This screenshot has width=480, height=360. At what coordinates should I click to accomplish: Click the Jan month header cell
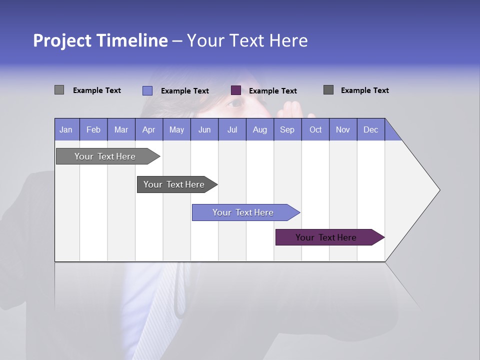(66, 129)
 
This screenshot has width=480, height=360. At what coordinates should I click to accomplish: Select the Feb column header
(93, 129)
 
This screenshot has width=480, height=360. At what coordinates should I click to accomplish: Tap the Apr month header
(148, 129)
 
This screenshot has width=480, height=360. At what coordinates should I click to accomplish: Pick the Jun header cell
(204, 129)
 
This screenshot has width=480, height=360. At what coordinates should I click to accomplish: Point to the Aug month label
(259, 129)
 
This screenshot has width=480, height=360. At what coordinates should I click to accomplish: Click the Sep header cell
(287, 129)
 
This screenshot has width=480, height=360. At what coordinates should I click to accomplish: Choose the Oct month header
(315, 129)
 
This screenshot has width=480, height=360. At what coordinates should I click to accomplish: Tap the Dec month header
(370, 129)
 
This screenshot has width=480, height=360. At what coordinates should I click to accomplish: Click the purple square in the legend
(236, 90)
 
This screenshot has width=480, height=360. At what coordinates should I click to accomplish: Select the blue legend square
(147, 90)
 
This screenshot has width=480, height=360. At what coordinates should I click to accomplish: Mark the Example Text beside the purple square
(273, 90)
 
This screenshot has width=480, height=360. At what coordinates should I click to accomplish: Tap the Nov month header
(343, 129)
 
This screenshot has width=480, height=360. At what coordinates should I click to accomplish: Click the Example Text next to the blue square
(185, 90)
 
